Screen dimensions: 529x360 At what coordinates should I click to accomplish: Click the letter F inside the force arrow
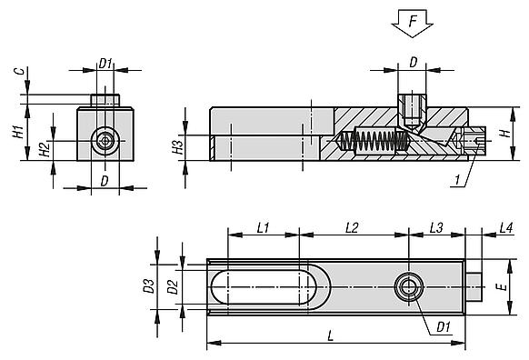pyautogui.click(x=413, y=21)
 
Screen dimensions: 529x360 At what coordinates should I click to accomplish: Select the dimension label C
pyautogui.click(x=21, y=71)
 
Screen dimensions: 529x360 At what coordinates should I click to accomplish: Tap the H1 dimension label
pyautogui.click(x=19, y=132)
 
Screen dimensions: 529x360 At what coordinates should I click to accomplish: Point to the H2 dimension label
pyautogui.click(x=45, y=149)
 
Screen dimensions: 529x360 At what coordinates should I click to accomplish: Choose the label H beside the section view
pyautogui.click(x=505, y=134)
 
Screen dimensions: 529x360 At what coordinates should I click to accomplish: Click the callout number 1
pyautogui.click(x=457, y=180)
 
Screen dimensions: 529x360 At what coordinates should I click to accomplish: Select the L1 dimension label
pyautogui.click(x=263, y=228)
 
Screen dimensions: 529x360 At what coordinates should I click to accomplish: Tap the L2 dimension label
pyautogui.click(x=352, y=228)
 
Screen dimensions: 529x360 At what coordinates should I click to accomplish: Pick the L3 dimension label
pyautogui.click(x=436, y=228)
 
